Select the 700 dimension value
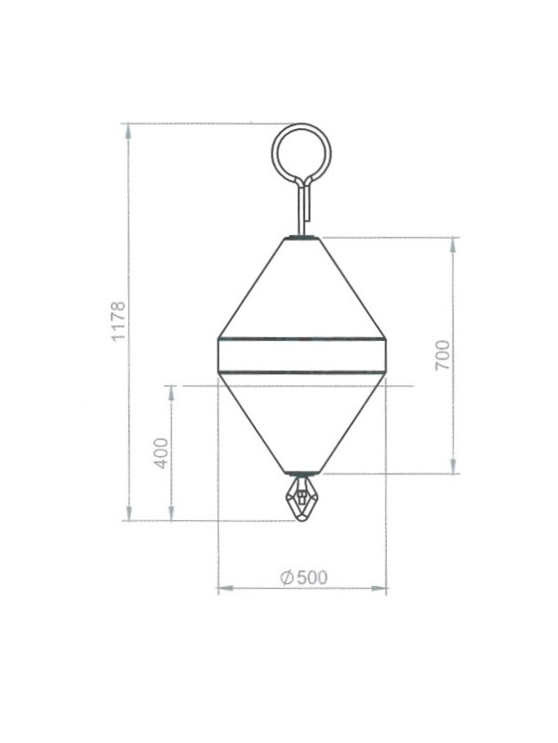pyautogui.click(x=442, y=355)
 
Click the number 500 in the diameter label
pyautogui.click(x=312, y=577)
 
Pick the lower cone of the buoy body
pyautogui.click(x=301, y=427)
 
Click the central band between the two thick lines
pyautogui.click(x=301, y=355)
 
